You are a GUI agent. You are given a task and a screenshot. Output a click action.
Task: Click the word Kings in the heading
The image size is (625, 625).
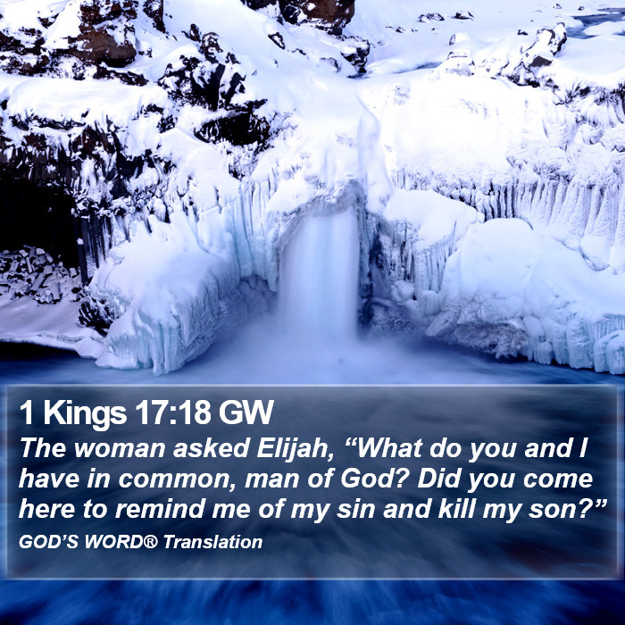click(x=85, y=414)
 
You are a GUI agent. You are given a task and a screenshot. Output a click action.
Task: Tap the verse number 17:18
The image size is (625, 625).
click(x=172, y=412)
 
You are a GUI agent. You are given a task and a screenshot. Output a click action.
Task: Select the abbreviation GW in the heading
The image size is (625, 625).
click(x=246, y=412)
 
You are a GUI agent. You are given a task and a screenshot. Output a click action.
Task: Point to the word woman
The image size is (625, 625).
click(x=119, y=449)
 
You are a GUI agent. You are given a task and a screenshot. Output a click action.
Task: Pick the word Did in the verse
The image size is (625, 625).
click(x=438, y=479)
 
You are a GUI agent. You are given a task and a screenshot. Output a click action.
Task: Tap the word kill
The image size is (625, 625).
click(x=455, y=510)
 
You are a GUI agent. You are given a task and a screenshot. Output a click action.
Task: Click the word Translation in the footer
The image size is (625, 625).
click(x=212, y=542)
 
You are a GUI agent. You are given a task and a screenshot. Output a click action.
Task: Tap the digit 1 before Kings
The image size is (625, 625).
click(x=26, y=412)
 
